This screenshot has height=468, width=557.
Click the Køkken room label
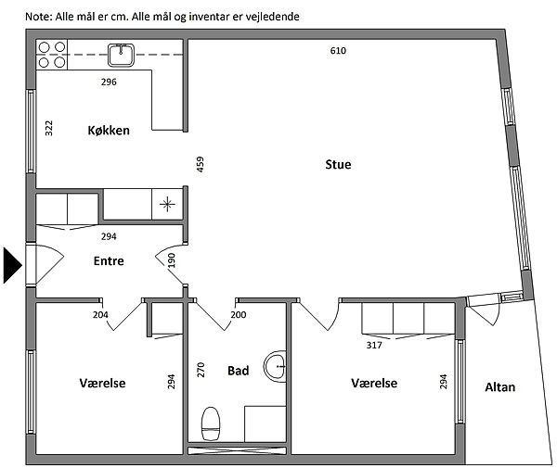(x=109, y=131)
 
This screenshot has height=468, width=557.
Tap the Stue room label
(x=338, y=165)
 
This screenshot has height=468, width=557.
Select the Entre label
(x=109, y=261)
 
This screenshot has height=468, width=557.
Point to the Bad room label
(x=238, y=371)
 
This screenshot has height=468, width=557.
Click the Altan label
(x=499, y=386)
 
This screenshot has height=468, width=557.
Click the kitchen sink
(x=121, y=55)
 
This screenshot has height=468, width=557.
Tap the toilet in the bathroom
(x=211, y=424)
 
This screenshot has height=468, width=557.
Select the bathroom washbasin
(x=276, y=366)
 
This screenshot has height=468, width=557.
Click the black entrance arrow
(x=12, y=265)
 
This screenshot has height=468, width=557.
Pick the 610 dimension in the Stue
(x=338, y=51)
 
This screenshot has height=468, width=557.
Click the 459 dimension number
(x=201, y=164)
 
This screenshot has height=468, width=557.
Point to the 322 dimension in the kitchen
(x=49, y=128)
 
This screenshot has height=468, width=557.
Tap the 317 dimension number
(x=374, y=345)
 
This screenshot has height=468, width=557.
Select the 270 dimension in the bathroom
(x=201, y=370)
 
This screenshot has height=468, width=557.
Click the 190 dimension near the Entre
(x=171, y=260)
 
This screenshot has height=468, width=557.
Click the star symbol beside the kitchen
(x=167, y=204)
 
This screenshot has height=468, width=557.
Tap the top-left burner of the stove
(x=44, y=47)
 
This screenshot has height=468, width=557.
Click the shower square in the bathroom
(x=265, y=424)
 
